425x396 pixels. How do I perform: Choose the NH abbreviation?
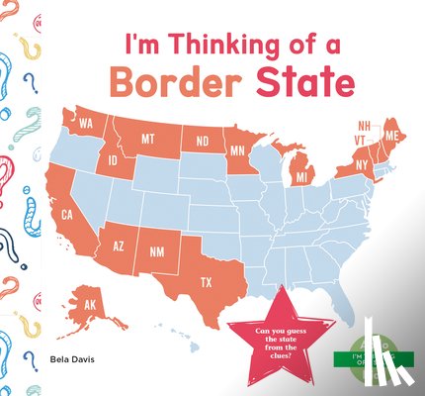[365, 126]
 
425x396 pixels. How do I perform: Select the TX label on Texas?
[207, 282]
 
